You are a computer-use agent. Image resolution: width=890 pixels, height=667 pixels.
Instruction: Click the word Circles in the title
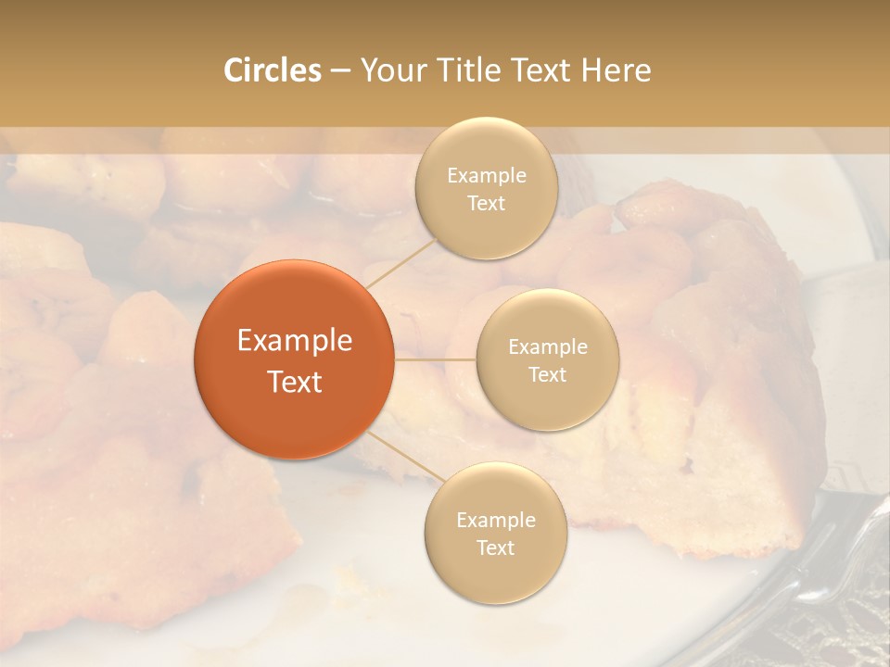273,70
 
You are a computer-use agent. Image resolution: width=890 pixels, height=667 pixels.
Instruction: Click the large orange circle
294,359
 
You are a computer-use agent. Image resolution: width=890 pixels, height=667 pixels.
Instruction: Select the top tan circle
486,189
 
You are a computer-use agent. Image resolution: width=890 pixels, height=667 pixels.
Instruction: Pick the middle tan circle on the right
547,359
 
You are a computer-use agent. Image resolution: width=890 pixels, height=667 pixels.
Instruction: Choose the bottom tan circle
495,533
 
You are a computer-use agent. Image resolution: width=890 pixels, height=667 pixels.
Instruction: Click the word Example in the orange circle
295,341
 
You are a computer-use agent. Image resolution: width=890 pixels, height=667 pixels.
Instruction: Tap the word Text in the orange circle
295,382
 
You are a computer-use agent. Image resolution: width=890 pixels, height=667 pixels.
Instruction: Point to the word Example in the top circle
487,176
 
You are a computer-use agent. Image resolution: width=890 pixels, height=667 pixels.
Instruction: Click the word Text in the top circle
486,203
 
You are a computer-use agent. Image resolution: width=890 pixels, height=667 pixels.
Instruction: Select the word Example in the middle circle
548,347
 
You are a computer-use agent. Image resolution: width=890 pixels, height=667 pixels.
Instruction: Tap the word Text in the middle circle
547,374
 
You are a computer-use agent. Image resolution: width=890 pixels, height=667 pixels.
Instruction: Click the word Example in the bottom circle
496,520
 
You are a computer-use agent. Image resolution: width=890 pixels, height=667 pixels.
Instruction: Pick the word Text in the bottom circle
495,547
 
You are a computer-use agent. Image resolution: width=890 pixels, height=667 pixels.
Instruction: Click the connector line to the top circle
400,263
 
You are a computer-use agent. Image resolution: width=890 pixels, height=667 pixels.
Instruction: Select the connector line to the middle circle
435,359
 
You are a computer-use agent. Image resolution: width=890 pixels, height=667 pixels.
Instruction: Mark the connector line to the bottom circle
400,454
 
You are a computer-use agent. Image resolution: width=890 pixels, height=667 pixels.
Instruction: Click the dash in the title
340,71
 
